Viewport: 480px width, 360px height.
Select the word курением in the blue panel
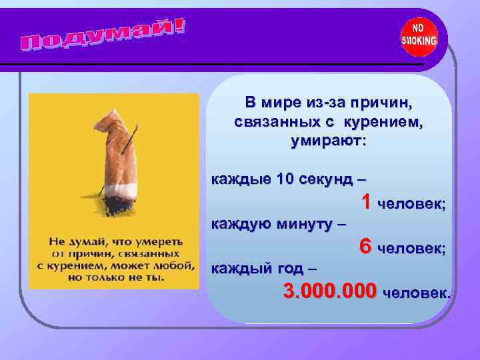pos(386,123)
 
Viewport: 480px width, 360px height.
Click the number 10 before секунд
pos(282,179)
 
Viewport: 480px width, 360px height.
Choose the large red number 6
pos(365,246)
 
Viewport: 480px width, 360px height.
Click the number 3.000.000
pos(329,291)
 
